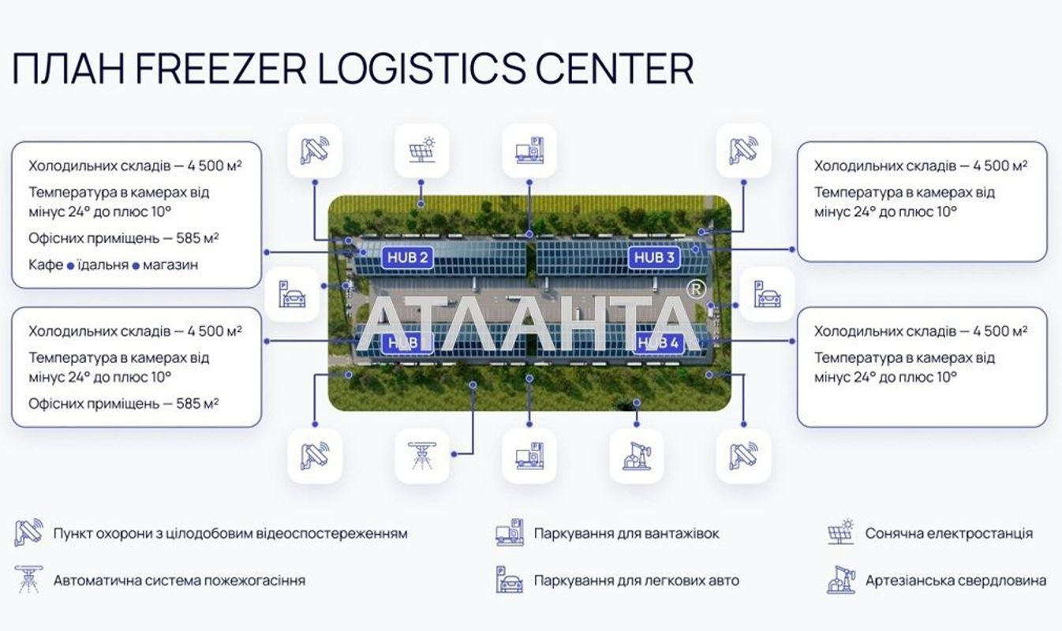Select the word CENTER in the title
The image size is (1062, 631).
[x=615, y=69]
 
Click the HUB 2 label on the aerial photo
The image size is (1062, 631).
[x=407, y=257]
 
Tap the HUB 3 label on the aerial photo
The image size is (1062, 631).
[x=655, y=257]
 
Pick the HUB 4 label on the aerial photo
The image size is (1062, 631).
[x=657, y=342]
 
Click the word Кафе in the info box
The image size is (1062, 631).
[x=46, y=265]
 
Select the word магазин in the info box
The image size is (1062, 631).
[x=171, y=265]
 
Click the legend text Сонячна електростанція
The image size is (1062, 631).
[x=948, y=533]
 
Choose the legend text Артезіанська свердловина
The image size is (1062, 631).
[x=955, y=581]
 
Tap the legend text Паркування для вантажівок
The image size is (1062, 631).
[x=626, y=533]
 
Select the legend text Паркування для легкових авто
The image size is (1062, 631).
[x=636, y=581]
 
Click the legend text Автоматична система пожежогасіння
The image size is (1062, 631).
[x=179, y=581]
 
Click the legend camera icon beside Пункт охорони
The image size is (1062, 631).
[x=28, y=533]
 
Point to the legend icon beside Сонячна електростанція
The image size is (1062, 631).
[x=840, y=533]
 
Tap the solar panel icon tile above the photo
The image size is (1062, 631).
[x=421, y=150]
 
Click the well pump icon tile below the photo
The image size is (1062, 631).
[x=636, y=456]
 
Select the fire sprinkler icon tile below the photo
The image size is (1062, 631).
[x=421, y=456]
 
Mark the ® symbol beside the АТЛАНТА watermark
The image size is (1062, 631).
[x=695, y=289]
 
